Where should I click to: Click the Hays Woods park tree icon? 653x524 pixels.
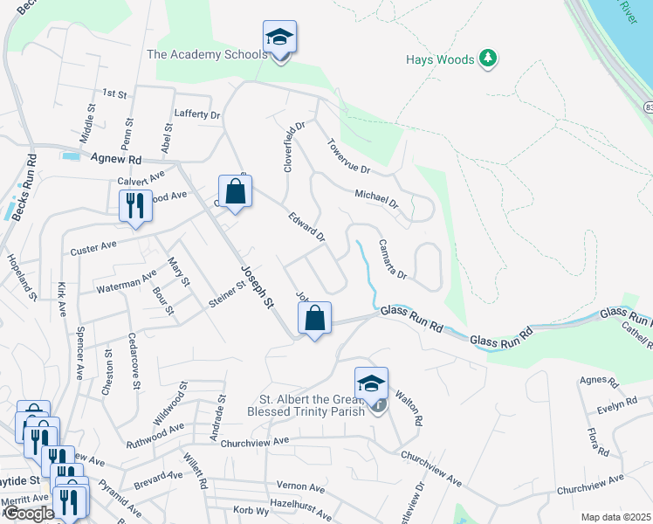pyautogui.click(x=489, y=59)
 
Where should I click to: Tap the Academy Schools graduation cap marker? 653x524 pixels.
pyautogui.click(x=279, y=38)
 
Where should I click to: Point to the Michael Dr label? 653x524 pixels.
pyautogui.click(x=376, y=198)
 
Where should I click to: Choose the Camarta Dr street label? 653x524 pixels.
pyautogui.click(x=392, y=259)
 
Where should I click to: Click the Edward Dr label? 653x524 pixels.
pyautogui.click(x=307, y=224)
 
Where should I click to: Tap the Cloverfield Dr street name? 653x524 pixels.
pyautogui.click(x=294, y=145)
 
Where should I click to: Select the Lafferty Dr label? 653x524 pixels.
pyautogui.click(x=197, y=114)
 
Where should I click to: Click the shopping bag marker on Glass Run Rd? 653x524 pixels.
pyautogui.click(x=315, y=319)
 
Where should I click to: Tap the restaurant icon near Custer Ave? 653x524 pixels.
pyautogui.click(x=134, y=206)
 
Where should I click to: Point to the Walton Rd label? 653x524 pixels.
pyautogui.click(x=409, y=408)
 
